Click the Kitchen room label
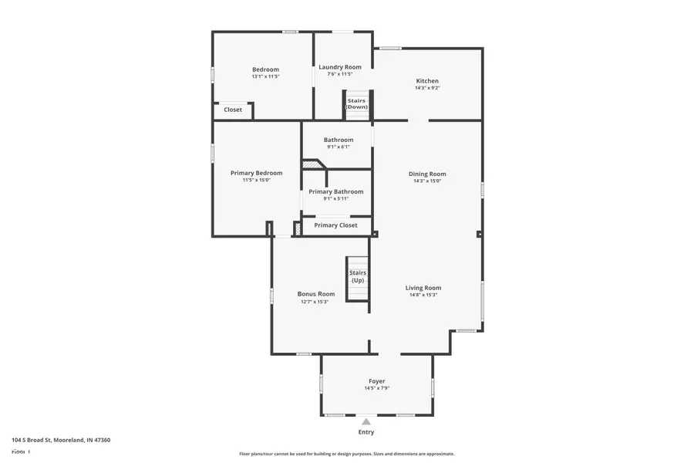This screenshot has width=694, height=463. [427, 81]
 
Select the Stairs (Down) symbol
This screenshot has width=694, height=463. [356, 104]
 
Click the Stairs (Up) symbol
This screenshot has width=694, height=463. [358, 276]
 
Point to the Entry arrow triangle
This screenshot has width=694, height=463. [366, 421]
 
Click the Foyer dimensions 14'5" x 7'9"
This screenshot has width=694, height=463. [377, 388]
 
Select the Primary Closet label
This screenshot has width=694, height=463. [335, 225]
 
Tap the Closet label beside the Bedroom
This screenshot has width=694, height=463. [233, 110]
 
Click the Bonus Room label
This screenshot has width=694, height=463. [316, 294]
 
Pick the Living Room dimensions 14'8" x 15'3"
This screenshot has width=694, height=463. [423, 295]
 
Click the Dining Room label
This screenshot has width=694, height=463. [427, 174]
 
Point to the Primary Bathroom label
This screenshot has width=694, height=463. [336, 191]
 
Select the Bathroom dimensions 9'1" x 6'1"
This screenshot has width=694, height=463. [339, 147]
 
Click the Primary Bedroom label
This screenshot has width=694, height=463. [256, 173]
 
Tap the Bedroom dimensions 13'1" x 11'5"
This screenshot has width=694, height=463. [265, 76]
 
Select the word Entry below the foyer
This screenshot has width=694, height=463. [366, 432]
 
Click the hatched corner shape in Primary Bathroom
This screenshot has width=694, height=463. [312, 164]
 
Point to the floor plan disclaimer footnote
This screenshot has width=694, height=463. [346, 454]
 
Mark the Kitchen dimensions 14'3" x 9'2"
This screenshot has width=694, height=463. [427, 88]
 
